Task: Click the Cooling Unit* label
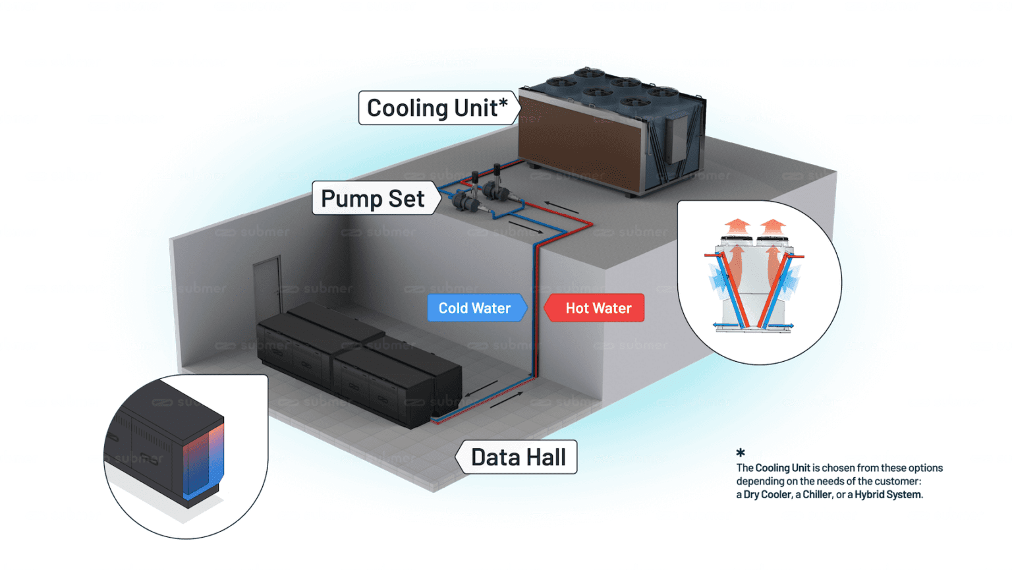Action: coord(437,108)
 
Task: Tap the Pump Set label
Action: coord(373,199)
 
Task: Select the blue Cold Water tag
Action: coord(475,308)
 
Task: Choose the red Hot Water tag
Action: coord(596,308)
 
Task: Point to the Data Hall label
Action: coord(518,457)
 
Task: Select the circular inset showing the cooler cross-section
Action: coord(759,282)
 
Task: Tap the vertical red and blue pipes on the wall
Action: coord(536,310)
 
